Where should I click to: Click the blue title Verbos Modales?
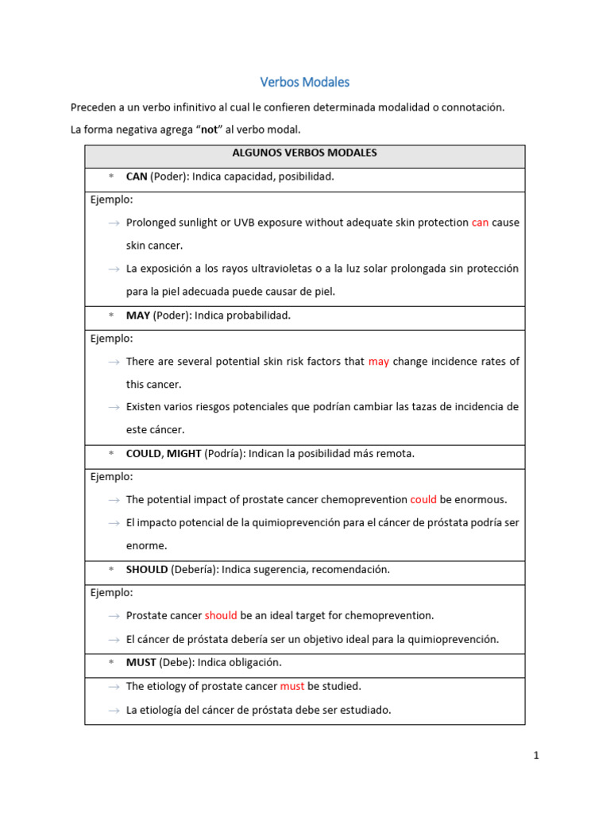[305, 82]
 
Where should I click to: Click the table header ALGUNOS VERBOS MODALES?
[304, 153]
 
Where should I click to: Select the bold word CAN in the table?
[137, 176]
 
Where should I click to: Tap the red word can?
[480, 223]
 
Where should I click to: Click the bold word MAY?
[137, 316]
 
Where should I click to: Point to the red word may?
[379, 362]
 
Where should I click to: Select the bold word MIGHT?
[183, 454]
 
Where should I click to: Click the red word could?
[423, 500]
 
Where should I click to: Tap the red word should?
[221, 616]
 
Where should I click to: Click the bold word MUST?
[141, 662]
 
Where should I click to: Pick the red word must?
[292, 686]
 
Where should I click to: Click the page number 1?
[536, 756]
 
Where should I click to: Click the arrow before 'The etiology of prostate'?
[114, 686]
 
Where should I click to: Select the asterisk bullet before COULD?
[111, 454]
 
